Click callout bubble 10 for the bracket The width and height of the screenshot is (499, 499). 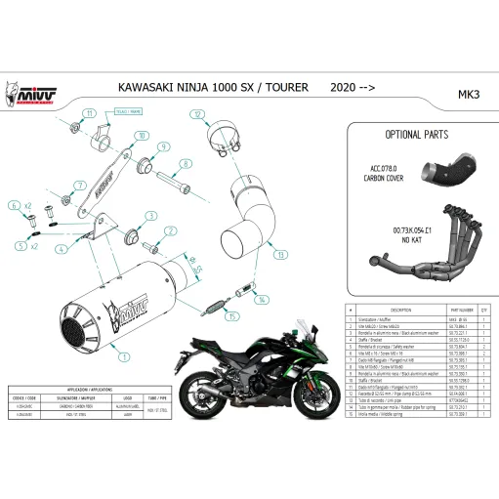coord(143,136)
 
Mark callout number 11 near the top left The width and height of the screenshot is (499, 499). coord(89,114)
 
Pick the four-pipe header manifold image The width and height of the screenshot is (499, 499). coord(420,239)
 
